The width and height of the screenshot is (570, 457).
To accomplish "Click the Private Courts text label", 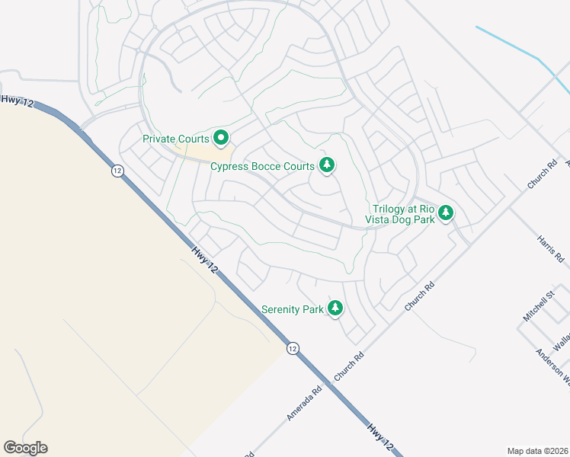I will tap(176, 139).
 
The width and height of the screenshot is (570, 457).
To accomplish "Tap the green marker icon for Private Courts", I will tap(222, 138).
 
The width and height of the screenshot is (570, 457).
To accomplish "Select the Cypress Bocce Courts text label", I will tap(262, 166).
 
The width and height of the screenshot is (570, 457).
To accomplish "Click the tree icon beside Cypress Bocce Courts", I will tap(327, 165).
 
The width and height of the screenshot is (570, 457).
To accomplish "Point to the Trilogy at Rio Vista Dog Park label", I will tap(404, 214).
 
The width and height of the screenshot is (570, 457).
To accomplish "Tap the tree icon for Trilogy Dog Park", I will tap(446, 213).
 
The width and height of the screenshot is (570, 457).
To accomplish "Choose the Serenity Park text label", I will tap(293, 309).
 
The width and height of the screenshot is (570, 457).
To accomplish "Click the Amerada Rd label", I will tap(305, 401).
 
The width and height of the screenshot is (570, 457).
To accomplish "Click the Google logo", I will tap(25, 448).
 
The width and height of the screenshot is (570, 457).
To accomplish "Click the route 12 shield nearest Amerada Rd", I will tap(293, 348).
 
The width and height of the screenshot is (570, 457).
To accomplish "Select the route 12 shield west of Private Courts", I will tap(117, 171).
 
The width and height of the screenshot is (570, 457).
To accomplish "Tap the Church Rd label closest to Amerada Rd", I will tap(349, 366).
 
